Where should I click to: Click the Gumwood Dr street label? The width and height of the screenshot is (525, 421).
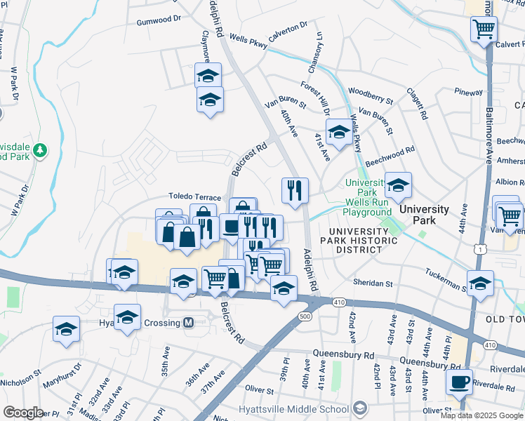[159, 21]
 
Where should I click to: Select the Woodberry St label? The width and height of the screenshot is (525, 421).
[371, 91]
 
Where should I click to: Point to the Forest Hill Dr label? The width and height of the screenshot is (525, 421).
[315, 98]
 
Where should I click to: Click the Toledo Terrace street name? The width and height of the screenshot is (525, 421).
[194, 199]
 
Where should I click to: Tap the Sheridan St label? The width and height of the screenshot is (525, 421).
[373, 283]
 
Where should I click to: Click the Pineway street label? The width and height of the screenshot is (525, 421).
[468, 91]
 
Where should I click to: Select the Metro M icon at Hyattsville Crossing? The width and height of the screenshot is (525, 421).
[187, 323]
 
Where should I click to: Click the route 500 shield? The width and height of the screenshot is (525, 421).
[303, 317]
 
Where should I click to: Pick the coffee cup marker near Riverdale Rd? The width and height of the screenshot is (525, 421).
[460, 382]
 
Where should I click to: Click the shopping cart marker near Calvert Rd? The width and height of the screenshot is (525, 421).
[484, 29]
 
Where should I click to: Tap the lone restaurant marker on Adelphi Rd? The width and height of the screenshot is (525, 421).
[295, 190]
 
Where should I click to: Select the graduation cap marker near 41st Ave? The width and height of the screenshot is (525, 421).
[339, 132]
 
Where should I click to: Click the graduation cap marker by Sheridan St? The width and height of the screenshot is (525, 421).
[480, 283]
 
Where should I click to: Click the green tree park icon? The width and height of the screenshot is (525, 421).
[41, 149]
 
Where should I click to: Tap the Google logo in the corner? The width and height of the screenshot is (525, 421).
[23, 413]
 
